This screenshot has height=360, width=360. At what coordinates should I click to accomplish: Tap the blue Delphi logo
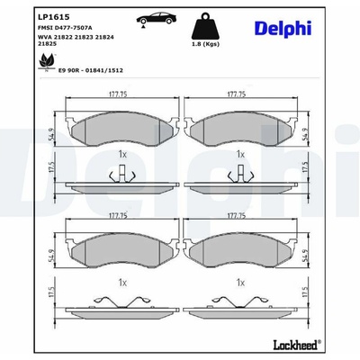click(283, 29)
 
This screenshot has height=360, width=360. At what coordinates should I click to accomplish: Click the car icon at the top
click(157, 19)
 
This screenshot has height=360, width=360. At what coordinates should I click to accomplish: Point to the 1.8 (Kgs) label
click(205, 44)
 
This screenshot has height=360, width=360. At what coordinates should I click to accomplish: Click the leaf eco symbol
click(46, 62)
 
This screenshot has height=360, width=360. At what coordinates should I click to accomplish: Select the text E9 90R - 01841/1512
click(90, 70)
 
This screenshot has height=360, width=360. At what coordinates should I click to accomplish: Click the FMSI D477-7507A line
click(65, 28)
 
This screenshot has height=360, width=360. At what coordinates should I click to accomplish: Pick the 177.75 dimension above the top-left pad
click(117, 94)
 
